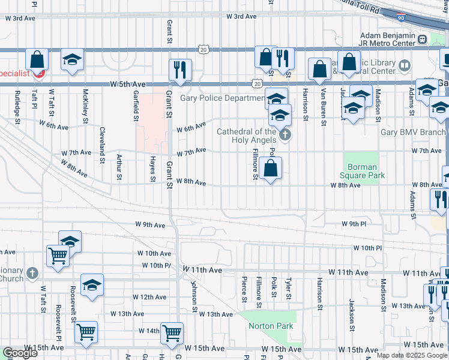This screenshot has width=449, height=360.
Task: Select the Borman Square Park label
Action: click(362, 171)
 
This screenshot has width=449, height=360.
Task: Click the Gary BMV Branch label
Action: click(414, 132)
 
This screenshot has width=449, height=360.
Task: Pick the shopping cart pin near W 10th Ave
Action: click(58, 256)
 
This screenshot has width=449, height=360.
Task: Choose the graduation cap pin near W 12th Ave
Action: click(92, 285)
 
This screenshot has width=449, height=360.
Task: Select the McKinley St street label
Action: click(86, 103)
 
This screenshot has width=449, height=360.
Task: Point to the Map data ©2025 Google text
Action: click(411, 355)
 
